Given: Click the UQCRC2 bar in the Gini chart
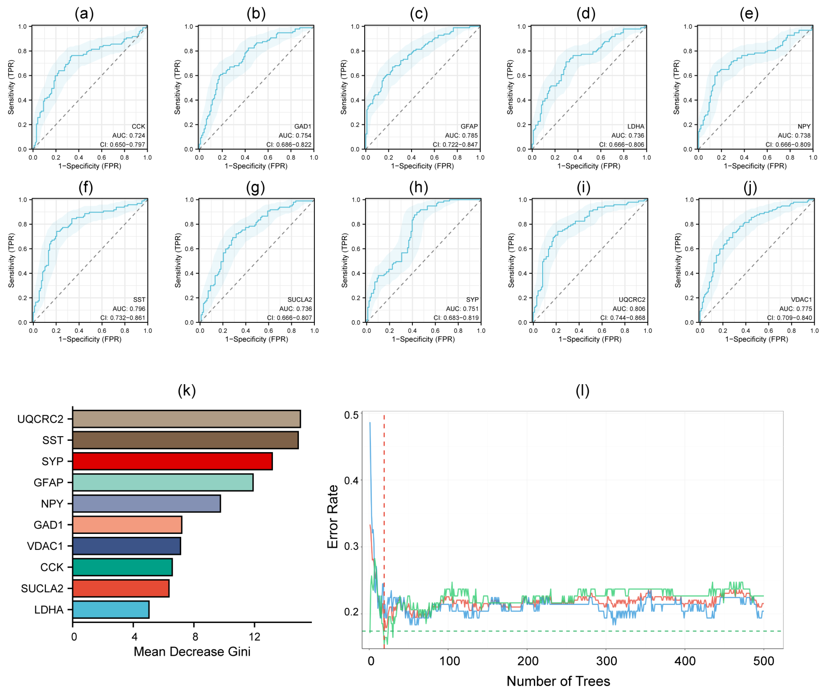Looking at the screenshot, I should [186, 419].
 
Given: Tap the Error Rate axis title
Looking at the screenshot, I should [333, 517].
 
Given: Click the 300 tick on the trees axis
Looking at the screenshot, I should [606, 661].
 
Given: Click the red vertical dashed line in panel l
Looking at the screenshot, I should [384, 491].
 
